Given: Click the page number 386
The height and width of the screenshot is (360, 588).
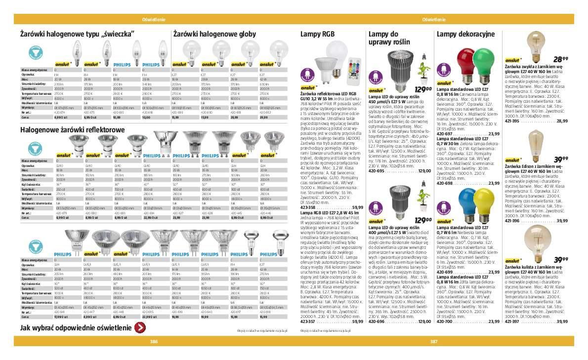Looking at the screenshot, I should pos(154,341).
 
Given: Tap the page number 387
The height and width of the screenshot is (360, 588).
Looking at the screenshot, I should pos(434,341).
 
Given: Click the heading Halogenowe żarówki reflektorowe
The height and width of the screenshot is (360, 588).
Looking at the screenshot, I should pos(73,129).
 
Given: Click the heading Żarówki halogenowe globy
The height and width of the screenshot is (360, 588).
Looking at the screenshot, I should pos(214,34).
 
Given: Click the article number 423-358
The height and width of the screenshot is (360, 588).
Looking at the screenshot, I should pos(308,207).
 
